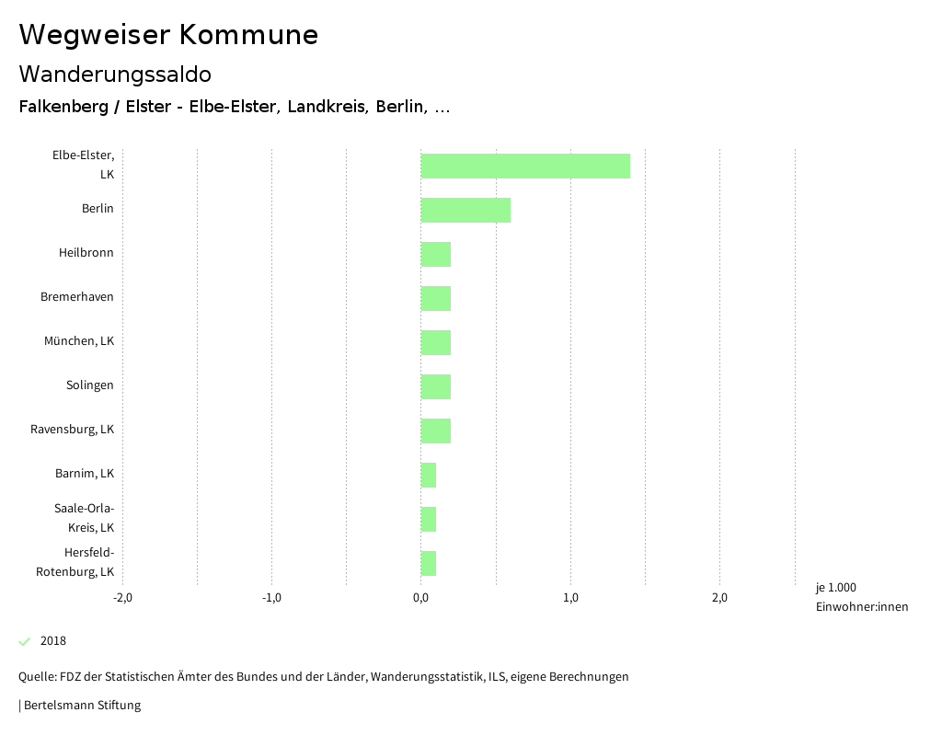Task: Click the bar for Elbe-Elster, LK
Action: tap(525, 166)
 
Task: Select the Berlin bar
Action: tap(465, 210)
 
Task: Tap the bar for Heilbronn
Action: tap(436, 254)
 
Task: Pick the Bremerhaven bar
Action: tap(436, 298)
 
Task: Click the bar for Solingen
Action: tap(436, 386)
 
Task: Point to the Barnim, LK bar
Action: tap(429, 475)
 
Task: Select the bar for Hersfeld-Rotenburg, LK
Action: tap(429, 563)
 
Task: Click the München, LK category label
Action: tap(79, 341)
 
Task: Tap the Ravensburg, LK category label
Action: tap(72, 430)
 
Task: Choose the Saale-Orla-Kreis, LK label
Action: tap(84, 518)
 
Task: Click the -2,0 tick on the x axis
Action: tap(122, 598)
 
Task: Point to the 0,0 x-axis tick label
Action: tap(420, 598)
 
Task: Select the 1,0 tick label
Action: tap(570, 598)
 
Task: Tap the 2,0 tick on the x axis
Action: tap(719, 598)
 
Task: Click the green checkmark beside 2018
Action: tap(25, 641)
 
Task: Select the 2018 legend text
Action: tap(53, 641)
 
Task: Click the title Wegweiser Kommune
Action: tap(168, 35)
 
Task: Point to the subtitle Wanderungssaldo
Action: tap(115, 74)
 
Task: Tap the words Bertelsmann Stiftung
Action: tap(82, 706)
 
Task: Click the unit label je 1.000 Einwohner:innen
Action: tap(861, 597)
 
